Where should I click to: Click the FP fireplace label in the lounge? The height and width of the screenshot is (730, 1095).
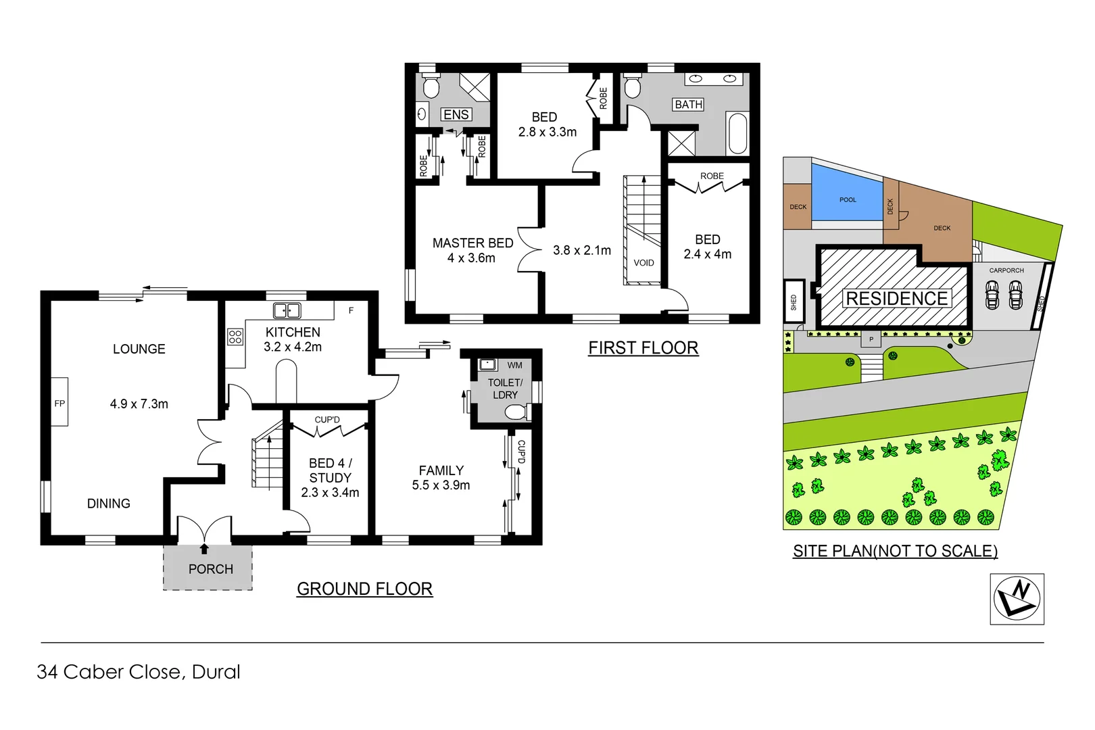point(59,404)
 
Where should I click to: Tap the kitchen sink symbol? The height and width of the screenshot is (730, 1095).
point(287,311)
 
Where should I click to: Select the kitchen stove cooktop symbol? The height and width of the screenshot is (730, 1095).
point(235,336)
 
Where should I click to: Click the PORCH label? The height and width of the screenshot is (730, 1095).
point(210,569)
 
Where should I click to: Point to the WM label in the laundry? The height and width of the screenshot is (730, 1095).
point(514,365)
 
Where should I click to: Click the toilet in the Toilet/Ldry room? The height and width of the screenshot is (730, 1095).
point(517,412)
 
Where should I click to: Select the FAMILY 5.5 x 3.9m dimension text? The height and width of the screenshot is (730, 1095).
point(441,485)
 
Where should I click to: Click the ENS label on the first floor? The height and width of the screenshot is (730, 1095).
point(456,115)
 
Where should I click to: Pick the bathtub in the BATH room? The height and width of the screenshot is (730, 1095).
point(737,133)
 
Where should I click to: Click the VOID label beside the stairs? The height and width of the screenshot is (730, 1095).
point(643,263)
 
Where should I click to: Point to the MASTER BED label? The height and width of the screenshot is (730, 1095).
point(472,243)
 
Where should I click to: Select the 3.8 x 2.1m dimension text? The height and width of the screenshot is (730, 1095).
point(581,250)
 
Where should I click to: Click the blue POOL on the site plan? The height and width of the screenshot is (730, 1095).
point(847,196)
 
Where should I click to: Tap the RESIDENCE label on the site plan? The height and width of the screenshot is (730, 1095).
point(896,298)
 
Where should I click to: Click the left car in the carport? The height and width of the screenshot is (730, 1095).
point(992,295)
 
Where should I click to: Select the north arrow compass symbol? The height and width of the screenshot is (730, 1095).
point(1017,599)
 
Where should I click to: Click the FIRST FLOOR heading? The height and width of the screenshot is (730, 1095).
point(643,347)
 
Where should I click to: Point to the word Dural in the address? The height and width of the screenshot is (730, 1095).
point(216,672)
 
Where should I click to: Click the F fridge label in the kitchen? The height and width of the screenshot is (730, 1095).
point(351,310)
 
